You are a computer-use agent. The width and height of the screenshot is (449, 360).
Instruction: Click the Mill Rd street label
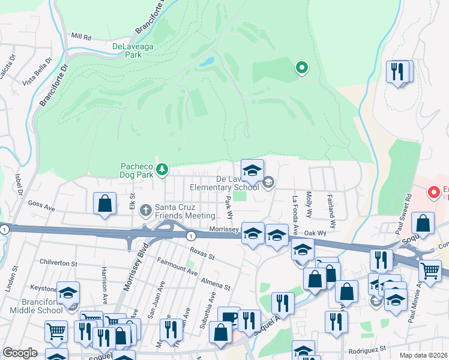coord(80,37)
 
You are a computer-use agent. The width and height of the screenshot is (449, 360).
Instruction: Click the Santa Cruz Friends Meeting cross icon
coord(145,211)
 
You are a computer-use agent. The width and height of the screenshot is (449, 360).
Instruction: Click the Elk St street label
coord(133,200)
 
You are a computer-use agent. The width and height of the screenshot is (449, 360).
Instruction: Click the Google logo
coord(20,353)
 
